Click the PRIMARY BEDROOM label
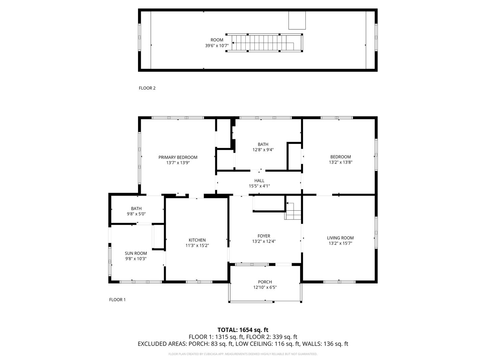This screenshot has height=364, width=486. (x=178, y=157)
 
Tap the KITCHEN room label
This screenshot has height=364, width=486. (x=197, y=240)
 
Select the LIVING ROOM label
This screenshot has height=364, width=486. (x=340, y=238)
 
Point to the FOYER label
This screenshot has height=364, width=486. (x=264, y=236)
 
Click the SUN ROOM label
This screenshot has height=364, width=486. (x=136, y=253)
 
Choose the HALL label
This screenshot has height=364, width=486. (x=259, y=181)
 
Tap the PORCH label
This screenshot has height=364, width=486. (x=265, y=282)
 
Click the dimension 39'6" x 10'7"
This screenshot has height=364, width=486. (x=217, y=45)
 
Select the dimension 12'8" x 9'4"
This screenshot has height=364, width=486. (x=263, y=150)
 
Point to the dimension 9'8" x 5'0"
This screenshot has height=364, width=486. (x=136, y=214)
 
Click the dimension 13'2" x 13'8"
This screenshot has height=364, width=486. (x=341, y=162)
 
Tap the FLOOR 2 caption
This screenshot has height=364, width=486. (x=147, y=88)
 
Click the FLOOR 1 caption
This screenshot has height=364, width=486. (x=117, y=300)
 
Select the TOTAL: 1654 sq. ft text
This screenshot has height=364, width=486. (x=243, y=330)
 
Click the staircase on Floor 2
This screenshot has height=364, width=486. (x=264, y=43)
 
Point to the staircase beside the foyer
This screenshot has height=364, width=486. (x=293, y=211)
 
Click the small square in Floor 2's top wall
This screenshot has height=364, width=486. (x=297, y=20)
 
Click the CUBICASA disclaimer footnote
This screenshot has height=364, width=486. (x=243, y=354)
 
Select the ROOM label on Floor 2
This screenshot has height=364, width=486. (x=217, y=40)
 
